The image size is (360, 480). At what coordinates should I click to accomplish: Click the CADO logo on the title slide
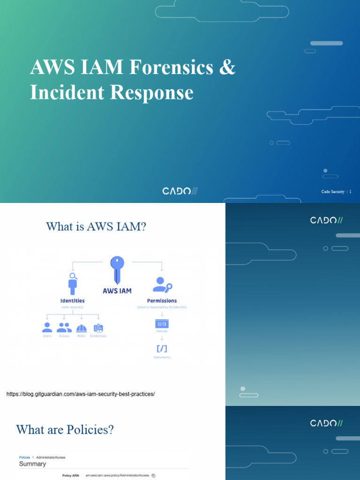pyautogui.click(x=180, y=191)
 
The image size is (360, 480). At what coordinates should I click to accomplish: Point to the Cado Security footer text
pyautogui.click(x=333, y=192)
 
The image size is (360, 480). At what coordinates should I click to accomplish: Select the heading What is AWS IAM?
pyautogui.click(x=96, y=227)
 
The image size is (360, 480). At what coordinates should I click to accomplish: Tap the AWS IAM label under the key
pyautogui.click(x=117, y=291)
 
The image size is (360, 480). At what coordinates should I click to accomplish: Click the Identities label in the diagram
pyautogui.click(x=73, y=300)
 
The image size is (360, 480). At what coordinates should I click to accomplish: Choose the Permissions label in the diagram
pyautogui.click(x=162, y=300)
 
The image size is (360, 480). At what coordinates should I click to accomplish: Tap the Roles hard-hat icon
pyautogui.click(x=82, y=328)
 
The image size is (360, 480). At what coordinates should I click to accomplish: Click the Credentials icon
pyautogui.click(x=98, y=328)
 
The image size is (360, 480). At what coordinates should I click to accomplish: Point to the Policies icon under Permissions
pyautogui.click(x=162, y=323)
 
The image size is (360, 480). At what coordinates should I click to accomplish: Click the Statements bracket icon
pyautogui.click(x=162, y=349)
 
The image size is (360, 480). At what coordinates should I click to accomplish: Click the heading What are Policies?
pyautogui.click(x=65, y=430)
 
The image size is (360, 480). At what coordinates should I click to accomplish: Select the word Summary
pyautogui.click(x=32, y=464)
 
